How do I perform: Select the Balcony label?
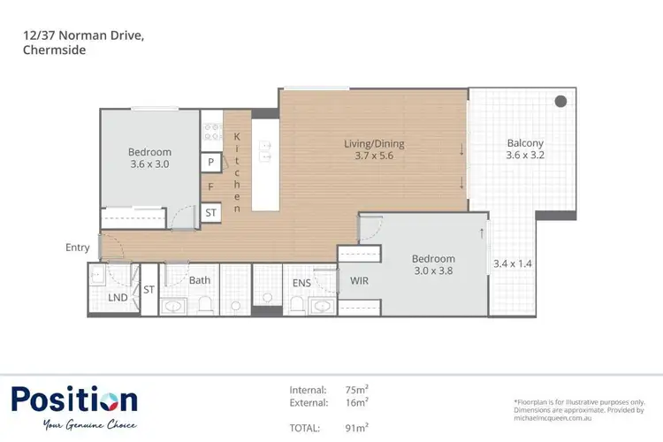point(525,143)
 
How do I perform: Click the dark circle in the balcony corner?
point(560,102)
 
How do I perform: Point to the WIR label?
point(359,281)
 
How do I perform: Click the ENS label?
point(301,284)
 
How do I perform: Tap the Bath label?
point(200,281)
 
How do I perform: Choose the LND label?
point(118,299)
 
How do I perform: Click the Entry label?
point(77,248)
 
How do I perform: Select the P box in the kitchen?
point(210,163)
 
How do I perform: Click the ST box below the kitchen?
point(210,213)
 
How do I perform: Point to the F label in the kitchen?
point(210,187)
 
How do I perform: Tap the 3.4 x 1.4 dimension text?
point(513,263)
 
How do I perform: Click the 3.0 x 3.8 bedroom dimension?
point(433,272)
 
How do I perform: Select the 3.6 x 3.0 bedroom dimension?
point(149,164)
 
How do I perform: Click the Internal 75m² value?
point(356,390)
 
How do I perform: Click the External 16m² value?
point(356,403)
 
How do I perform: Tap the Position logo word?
point(74,400)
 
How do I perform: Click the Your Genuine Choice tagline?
point(88,425)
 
